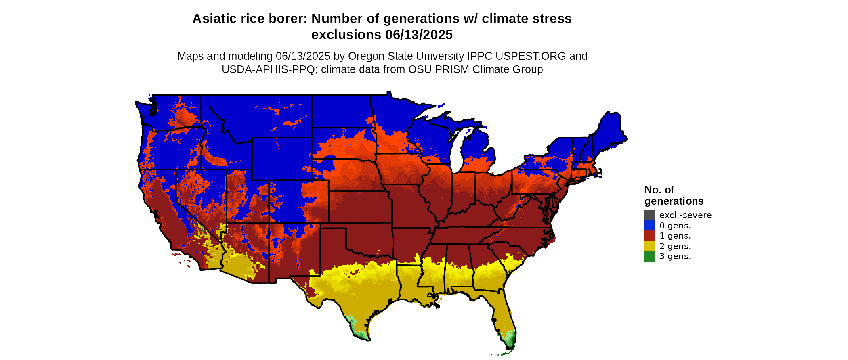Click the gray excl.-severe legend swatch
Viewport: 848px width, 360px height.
649,215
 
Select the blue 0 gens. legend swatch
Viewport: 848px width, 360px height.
649,226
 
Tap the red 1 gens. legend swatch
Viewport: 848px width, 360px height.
649,236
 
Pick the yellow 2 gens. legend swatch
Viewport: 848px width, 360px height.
649,246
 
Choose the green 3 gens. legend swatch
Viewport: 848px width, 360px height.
649,256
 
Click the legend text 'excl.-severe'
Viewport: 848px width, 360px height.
685,215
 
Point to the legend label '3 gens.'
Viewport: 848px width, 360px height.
675,256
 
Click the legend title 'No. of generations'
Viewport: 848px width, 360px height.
674,195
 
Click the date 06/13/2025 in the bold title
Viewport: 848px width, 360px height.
418,35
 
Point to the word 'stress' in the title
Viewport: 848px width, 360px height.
553,19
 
